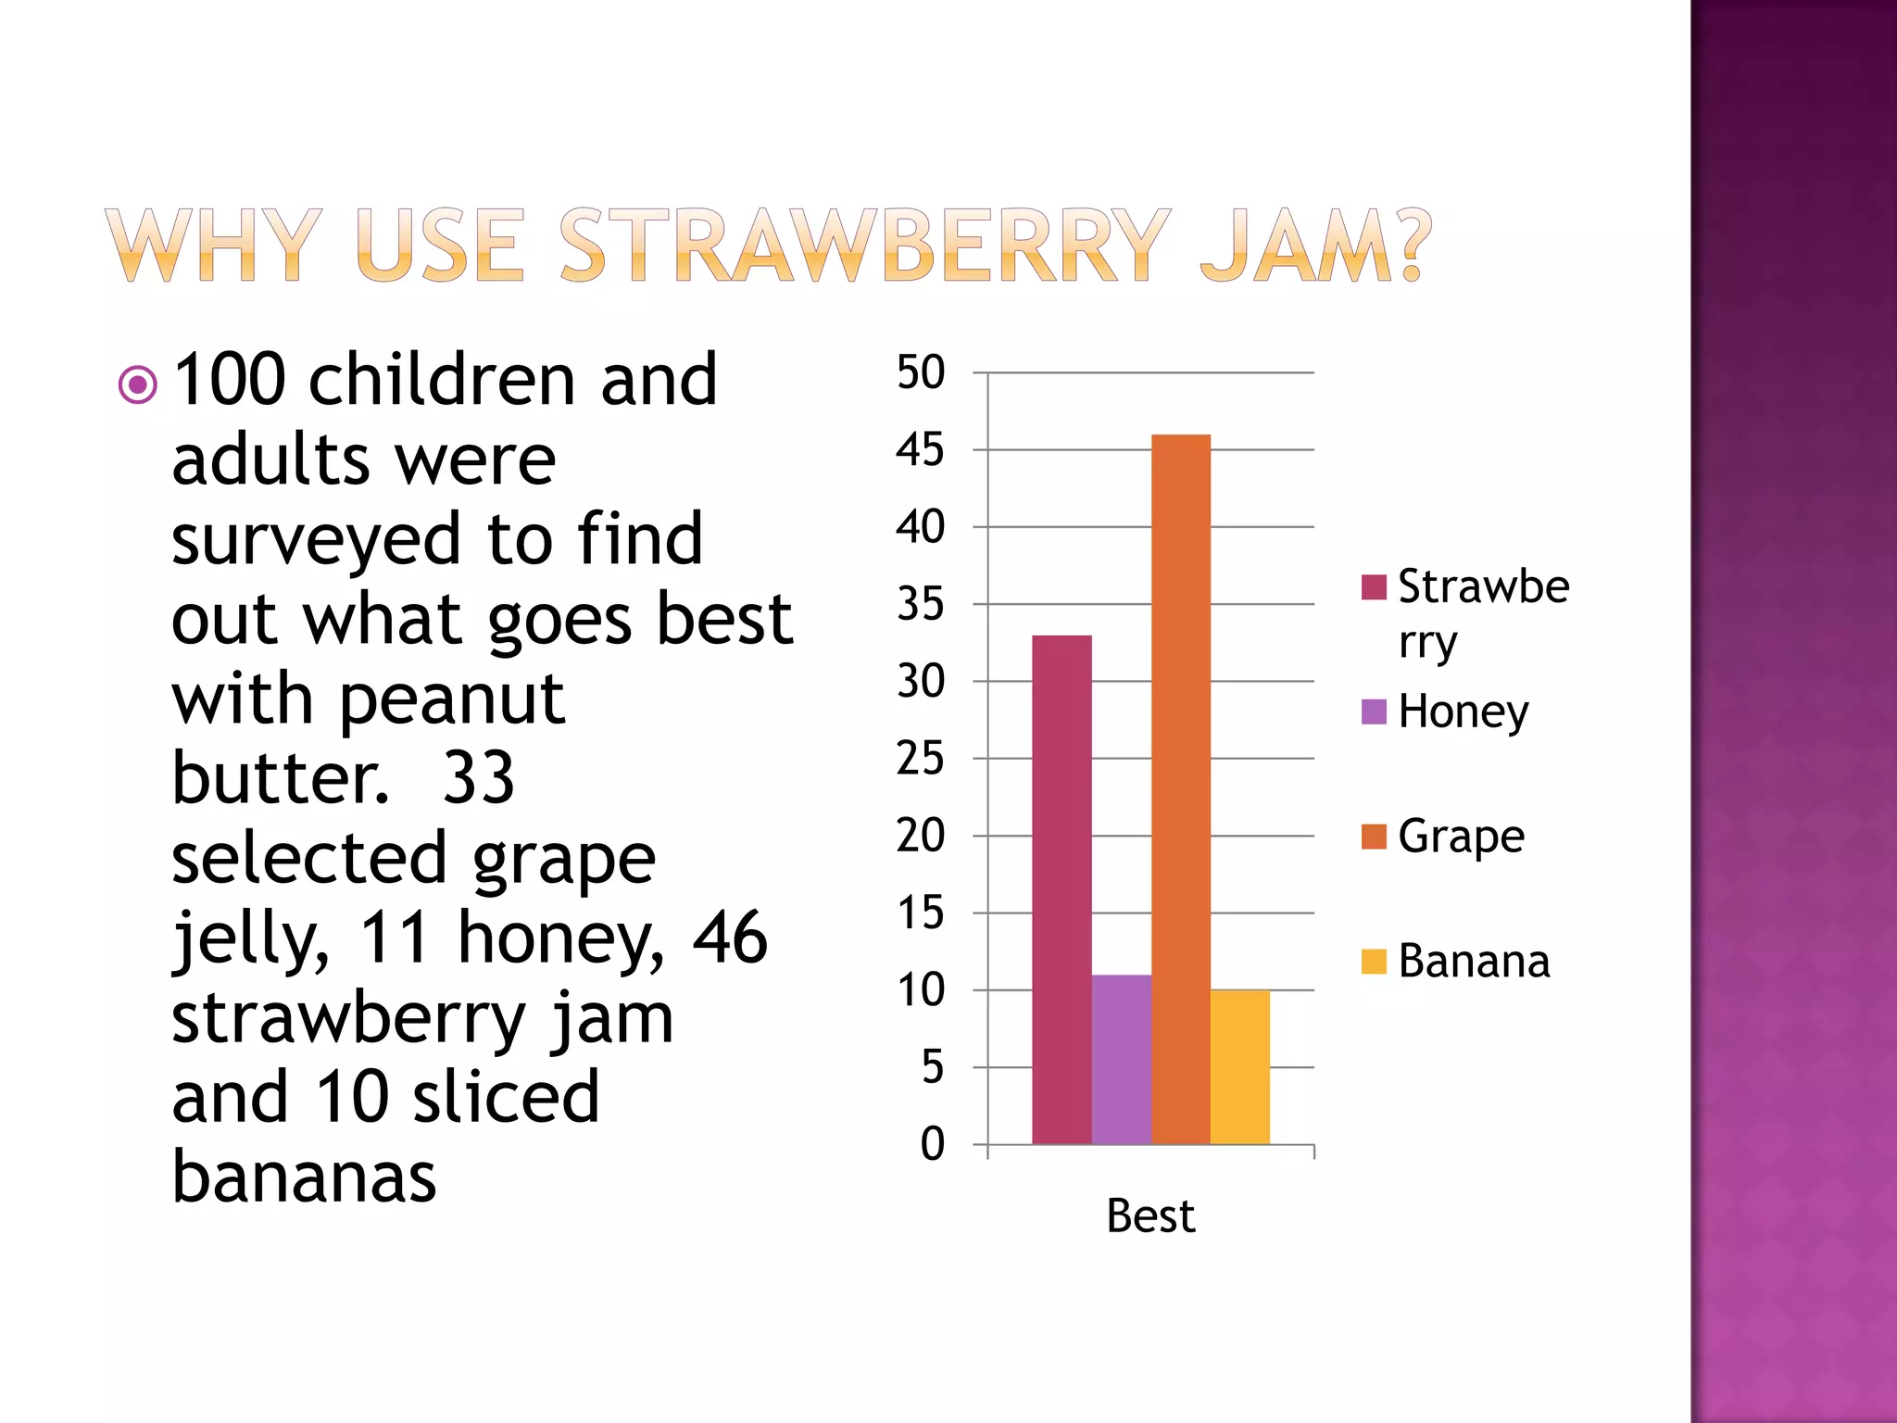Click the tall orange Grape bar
click(x=1181, y=787)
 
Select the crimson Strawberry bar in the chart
click(x=1062, y=889)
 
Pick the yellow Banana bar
click(x=1239, y=1066)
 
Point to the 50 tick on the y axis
click(x=920, y=372)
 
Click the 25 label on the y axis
click(x=920, y=759)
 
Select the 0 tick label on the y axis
click(x=932, y=1144)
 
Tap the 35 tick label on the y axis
click(x=920, y=604)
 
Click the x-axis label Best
click(x=1150, y=1215)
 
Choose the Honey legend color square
click(x=1374, y=711)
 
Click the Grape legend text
click(x=1461, y=837)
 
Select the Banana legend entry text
click(x=1474, y=961)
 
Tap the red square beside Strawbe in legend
click(x=1374, y=586)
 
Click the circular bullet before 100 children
click(x=138, y=384)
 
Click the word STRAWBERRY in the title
click(x=865, y=245)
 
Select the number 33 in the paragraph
click(x=478, y=777)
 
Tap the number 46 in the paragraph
click(x=730, y=937)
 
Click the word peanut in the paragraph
click(x=452, y=699)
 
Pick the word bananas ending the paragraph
click(x=304, y=1177)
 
